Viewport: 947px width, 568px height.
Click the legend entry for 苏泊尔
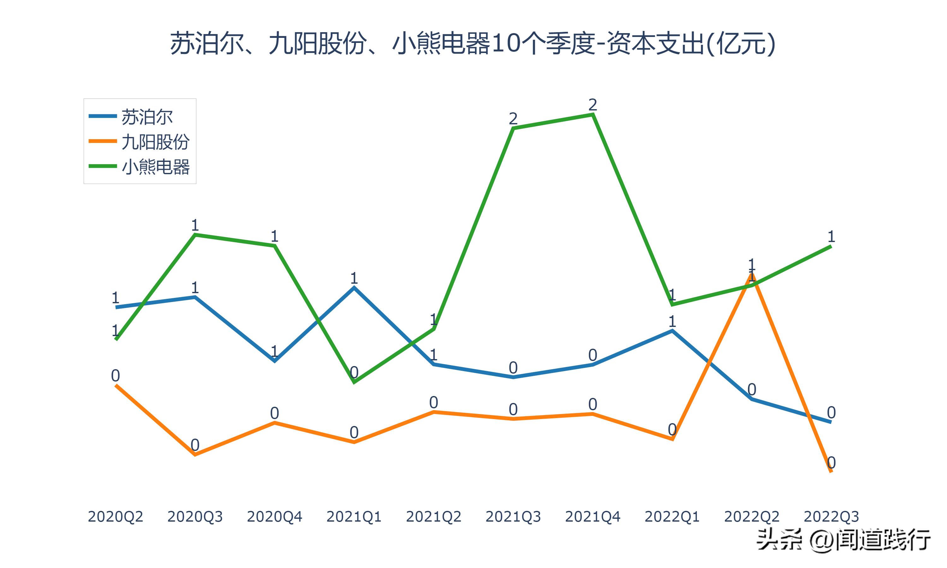[147, 117]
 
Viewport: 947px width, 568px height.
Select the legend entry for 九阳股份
[155, 142]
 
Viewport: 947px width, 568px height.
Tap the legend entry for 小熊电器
[155, 167]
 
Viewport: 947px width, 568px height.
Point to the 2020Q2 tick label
[115, 517]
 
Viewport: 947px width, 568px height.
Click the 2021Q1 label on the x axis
[354, 517]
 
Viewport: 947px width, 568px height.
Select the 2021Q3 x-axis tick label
[513, 517]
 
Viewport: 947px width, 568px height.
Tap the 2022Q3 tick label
[831, 517]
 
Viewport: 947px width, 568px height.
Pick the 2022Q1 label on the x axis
[672, 517]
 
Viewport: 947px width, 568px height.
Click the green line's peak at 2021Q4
[593, 114]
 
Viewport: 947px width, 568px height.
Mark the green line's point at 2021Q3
[513, 128]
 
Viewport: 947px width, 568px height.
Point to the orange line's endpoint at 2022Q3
[831, 471]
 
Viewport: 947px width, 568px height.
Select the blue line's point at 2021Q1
[354, 287]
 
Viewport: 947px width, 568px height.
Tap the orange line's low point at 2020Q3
[195, 455]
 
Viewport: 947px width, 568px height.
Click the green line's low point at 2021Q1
[354, 382]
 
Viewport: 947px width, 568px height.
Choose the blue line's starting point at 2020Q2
[116, 307]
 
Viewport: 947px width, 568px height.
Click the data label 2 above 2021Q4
[593, 104]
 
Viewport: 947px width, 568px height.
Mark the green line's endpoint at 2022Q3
[831, 246]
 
